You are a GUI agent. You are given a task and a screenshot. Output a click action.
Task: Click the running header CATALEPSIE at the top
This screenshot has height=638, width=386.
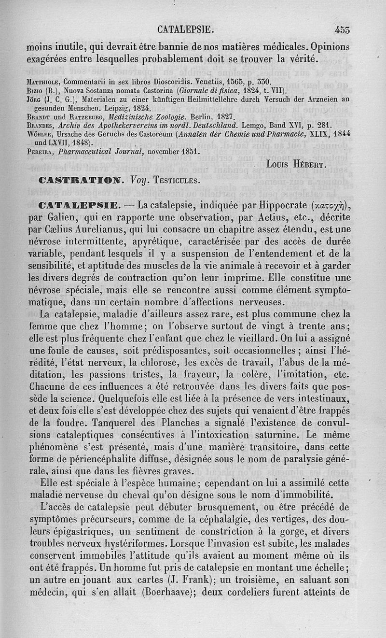tap(186, 29)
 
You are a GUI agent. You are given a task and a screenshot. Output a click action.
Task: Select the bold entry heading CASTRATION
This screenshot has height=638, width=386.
tap(81, 181)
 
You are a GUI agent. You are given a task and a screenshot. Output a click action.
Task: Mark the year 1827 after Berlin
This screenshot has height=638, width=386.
tap(224, 117)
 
